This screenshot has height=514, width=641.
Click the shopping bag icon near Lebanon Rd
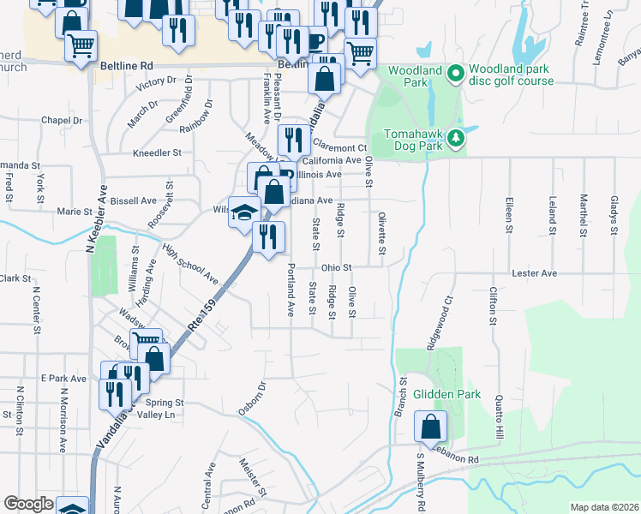[430, 426]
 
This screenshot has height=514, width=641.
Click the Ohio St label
[337, 267]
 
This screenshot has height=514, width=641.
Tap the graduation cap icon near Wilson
[244, 212]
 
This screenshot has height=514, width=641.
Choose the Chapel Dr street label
[61, 121]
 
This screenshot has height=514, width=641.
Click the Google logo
[28, 504]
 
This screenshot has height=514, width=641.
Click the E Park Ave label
[63, 378]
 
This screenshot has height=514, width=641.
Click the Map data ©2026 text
[604, 507]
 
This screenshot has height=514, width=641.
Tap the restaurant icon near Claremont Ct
[293, 139]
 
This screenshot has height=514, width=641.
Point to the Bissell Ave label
[134, 201]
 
